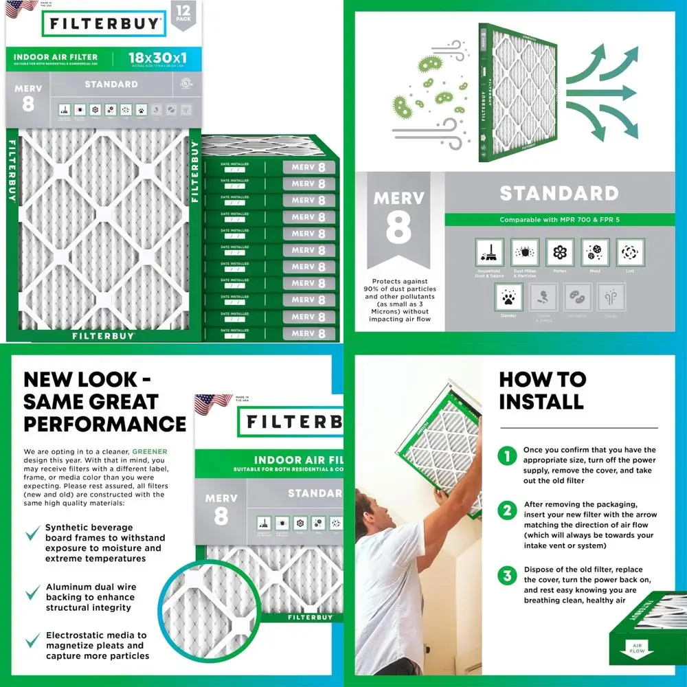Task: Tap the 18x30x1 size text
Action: pyautogui.click(x=157, y=58)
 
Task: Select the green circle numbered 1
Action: pyautogui.click(x=507, y=455)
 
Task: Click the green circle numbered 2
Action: pyautogui.click(x=507, y=510)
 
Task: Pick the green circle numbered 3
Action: pyautogui.click(x=507, y=575)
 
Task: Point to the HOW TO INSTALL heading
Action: pyautogui.click(x=542, y=390)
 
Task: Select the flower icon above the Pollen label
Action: pyautogui.click(x=560, y=253)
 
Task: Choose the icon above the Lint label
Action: pyautogui.click(x=630, y=253)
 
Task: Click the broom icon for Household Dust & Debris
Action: pyautogui.click(x=489, y=253)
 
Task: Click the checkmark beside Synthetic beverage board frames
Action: pyautogui.click(x=32, y=533)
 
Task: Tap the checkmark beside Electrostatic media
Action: pyautogui.click(x=32, y=640)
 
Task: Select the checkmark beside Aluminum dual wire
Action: pyautogui.click(x=32, y=592)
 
